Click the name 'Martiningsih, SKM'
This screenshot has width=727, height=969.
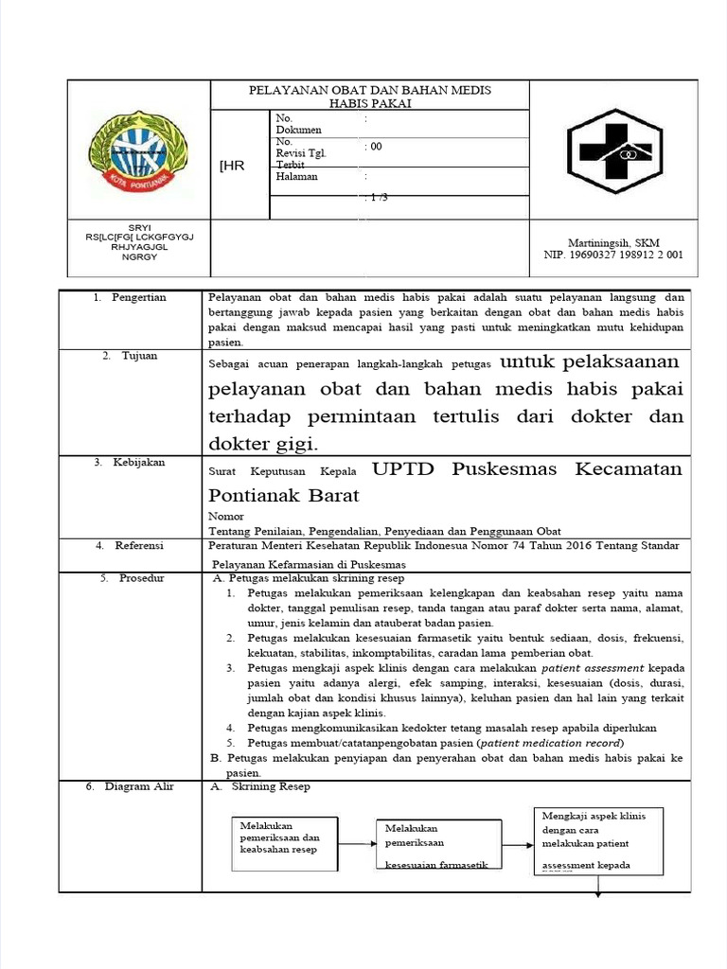point(613,242)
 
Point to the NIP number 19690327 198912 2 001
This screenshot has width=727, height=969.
point(613,255)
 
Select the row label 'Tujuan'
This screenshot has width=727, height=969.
point(140,356)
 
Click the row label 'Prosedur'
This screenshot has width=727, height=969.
point(139,577)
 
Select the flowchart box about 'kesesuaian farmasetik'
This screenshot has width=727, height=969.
point(436,846)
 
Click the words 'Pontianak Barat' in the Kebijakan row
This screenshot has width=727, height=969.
point(284,496)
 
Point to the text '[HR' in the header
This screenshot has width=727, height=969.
point(232,166)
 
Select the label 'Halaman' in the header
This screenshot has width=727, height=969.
point(297,176)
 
